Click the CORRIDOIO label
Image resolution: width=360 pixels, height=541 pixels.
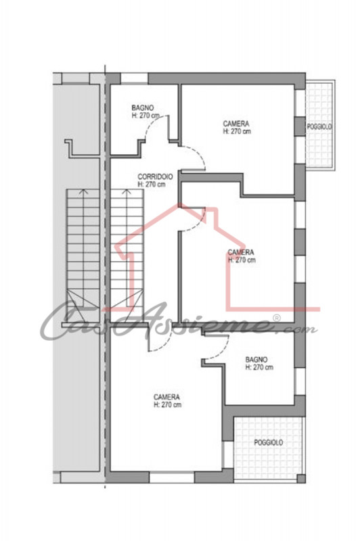156,177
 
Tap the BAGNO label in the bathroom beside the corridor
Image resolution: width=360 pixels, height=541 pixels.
143,108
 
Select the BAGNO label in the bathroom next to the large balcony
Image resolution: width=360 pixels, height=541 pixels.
256,360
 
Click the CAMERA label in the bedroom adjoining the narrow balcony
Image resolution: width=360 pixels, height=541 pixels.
236,124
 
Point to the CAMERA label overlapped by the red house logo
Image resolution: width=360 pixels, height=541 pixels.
241,252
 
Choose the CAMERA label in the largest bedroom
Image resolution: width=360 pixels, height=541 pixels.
166,397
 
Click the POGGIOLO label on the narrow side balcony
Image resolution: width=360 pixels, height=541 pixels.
319,127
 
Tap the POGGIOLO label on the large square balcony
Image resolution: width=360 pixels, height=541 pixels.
269,442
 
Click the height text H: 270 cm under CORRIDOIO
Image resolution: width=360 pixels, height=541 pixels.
152,184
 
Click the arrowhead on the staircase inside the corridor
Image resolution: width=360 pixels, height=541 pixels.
127,191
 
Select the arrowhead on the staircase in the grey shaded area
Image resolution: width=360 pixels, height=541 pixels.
83,191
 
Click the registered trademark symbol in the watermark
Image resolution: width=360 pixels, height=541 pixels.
277,318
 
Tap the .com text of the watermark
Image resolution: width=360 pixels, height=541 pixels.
298,329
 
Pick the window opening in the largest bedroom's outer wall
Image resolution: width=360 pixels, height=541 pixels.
172,477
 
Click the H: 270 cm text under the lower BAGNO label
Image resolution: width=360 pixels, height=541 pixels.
259,367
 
